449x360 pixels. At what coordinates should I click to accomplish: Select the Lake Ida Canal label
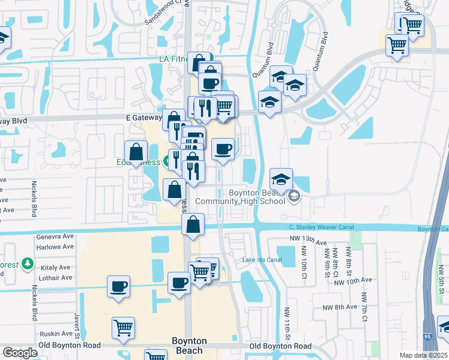click(x=262, y=260)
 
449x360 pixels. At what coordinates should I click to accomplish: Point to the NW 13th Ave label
click(x=307, y=242)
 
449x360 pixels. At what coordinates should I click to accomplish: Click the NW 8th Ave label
click(x=337, y=307)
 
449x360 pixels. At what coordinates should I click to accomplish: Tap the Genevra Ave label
click(x=55, y=237)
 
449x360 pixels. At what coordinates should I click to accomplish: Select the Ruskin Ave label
click(x=56, y=334)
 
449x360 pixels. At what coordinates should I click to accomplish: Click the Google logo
click(x=20, y=353)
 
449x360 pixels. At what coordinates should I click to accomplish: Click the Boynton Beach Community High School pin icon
click(x=294, y=196)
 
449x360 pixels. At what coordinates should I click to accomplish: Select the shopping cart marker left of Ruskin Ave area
click(x=122, y=328)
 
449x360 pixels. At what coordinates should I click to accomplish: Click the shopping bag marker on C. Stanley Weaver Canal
click(x=193, y=225)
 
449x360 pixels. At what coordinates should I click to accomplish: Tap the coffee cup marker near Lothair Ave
click(x=118, y=286)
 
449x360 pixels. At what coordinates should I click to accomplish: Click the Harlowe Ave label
click(x=55, y=247)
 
